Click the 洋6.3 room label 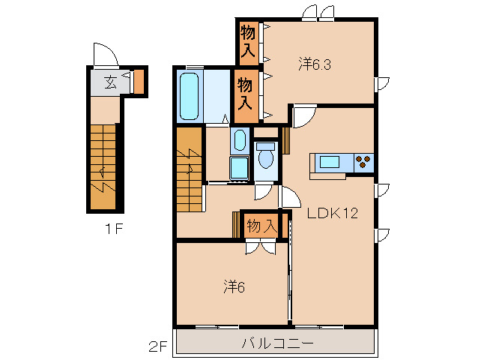(x=315, y=64)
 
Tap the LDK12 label (x=332, y=212)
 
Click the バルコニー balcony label (x=273, y=343)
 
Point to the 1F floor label (x=115, y=229)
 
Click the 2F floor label (x=157, y=346)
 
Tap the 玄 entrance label (x=110, y=81)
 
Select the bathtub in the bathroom (x=190, y=96)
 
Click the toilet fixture (x=265, y=157)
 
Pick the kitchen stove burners (x=364, y=161)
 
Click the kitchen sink (x=330, y=161)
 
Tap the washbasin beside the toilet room (x=239, y=140)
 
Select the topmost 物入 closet (x=249, y=42)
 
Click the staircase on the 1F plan (x=103, y=167)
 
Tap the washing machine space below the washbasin (x=239, y=169)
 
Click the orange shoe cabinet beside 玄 (x=139, y=81)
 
